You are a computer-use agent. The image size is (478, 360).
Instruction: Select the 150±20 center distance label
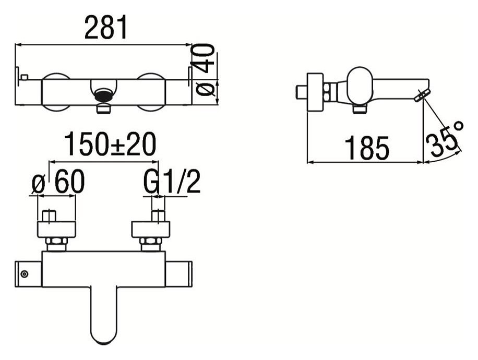point(110,145)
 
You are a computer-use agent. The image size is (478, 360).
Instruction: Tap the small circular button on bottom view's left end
point(24,273)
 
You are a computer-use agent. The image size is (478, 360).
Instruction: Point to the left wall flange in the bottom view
point(56,229)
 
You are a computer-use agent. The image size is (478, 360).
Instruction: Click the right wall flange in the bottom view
point(151,229)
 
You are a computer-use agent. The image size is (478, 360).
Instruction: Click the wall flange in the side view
point(315,92)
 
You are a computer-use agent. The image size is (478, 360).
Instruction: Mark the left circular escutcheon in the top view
point(55,92)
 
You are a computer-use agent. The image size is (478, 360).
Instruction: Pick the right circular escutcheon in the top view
point(151,92)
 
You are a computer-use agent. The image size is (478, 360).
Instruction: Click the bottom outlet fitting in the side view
point(360,109)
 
